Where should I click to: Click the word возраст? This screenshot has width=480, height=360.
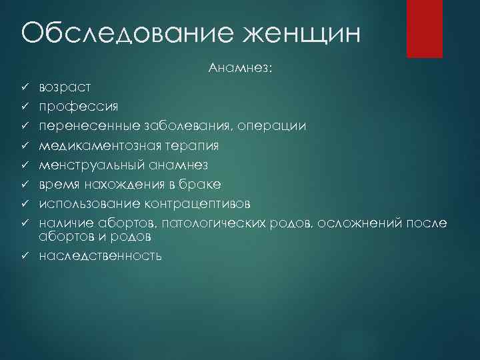click(x=65, y=87)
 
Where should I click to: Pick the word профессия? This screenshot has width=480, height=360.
click(x=79, y=106)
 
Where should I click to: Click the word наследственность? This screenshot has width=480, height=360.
click(x=100, y=255)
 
